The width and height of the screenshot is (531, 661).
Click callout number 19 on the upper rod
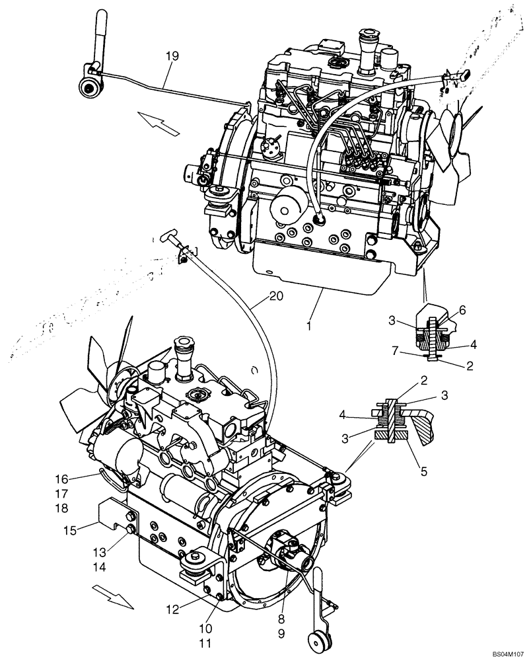click(x=172, y=57)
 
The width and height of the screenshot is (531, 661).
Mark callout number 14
click(x=99, y=566)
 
